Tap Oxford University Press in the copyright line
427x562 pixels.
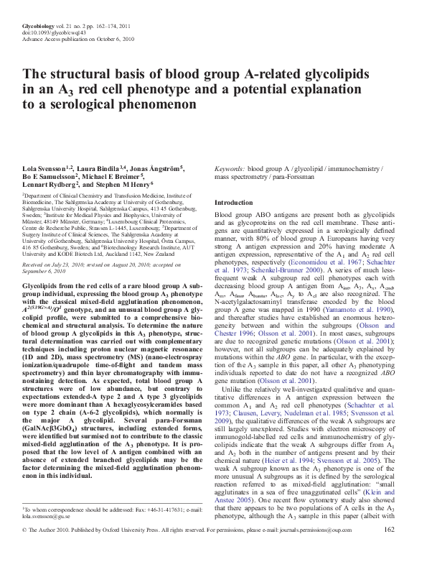(149, 550)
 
